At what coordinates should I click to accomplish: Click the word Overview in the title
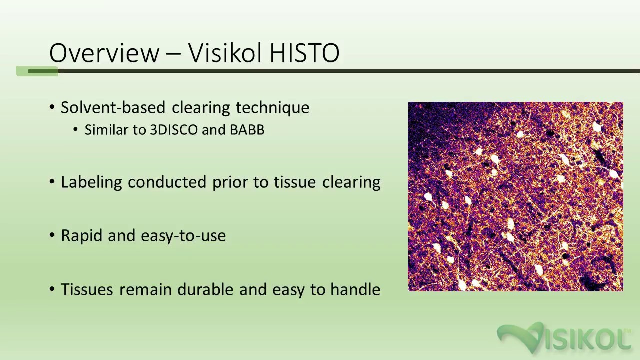tap(104, 53)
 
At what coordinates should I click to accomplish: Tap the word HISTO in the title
tap(304, 53)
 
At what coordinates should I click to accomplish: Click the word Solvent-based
tap(113, 108)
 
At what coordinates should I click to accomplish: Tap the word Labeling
tap(91, 182)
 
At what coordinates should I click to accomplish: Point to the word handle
tap(355, 290)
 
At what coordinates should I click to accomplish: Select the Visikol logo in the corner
tap(564, 338)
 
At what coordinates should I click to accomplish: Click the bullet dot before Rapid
tap(52, 236)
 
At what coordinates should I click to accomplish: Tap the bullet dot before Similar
tap(76, 130)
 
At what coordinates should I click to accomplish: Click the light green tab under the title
tap(37, 72)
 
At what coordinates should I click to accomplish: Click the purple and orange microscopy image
tap(515, 196)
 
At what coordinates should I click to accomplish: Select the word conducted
tap(168, 182)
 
